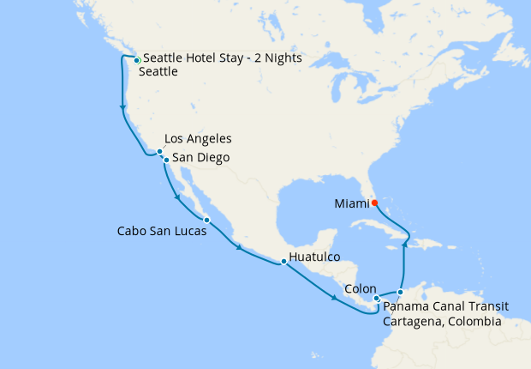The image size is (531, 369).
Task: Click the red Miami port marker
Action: pos(374,203)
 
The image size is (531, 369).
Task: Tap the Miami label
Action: pos(351,203)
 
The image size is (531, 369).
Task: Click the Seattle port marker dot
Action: pos(136,60)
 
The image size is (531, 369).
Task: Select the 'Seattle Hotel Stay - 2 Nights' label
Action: pos(223,58)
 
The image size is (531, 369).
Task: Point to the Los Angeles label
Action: pos(198,138)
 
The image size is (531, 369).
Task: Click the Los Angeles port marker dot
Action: pos(159,152)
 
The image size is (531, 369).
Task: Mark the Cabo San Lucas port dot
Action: pos(206,220)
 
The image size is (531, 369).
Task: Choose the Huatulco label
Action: pos(315,256)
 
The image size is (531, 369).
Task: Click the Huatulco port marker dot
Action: pos(283,261)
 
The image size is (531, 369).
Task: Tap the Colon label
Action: pos(359,289)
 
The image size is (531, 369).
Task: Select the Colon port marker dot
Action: pos(377,299)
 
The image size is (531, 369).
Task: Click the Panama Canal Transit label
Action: pos(443,305)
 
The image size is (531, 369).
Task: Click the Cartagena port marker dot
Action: pos(400,293)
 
